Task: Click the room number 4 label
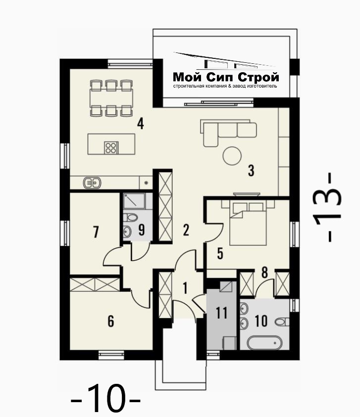tap(140, 124)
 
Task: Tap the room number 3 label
tap(251, 171)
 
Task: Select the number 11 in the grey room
tap(221, 313)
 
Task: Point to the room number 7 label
tap(96, 232)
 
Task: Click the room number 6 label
tap(111, 321)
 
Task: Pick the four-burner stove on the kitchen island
tap(111, 147)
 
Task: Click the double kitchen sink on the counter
tap(92, 183)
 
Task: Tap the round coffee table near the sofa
tap(232, 156)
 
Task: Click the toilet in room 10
tap(282, 322)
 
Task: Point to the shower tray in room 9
tap(134, 201)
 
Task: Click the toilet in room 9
tap(130, 218)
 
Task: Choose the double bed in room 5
tap(248, 223)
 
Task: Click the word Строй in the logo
tap(258, 77)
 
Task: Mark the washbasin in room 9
tap(127, 232)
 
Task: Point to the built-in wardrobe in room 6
tap(95, 284)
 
